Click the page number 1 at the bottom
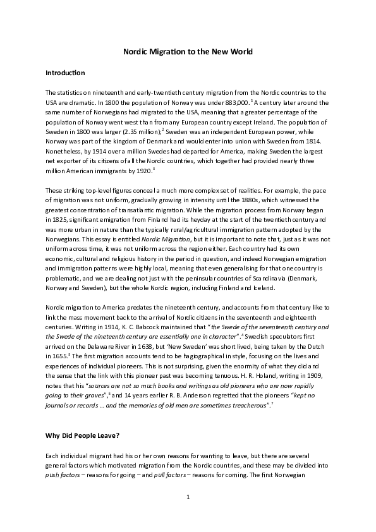click(188, 497)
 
